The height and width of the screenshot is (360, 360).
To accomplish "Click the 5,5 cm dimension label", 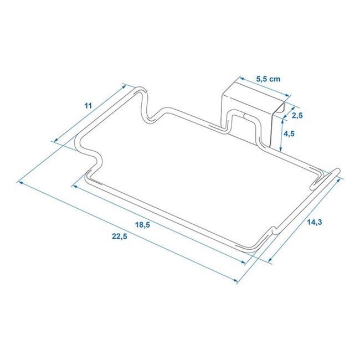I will coord(268,79).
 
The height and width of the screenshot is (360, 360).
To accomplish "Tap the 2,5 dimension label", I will coord(297,116).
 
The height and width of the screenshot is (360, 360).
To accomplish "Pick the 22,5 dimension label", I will coord(118,236).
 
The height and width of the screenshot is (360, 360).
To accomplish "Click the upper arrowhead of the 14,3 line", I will coord(339,178).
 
